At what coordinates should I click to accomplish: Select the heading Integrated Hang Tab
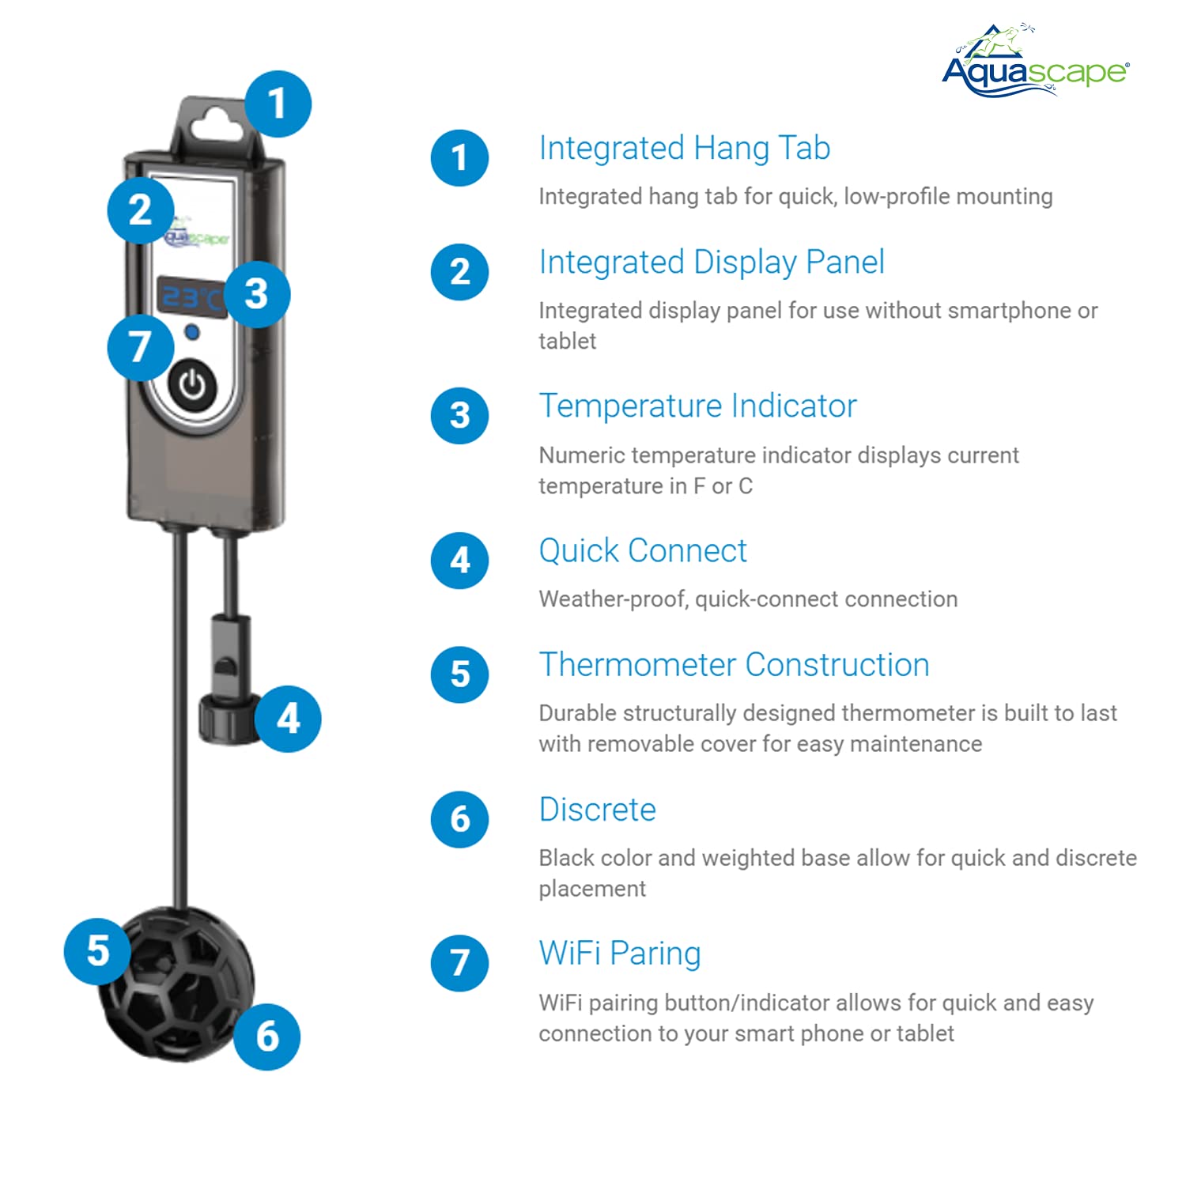pyautogui.click(x=684, y=149)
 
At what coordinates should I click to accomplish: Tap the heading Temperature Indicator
pyautogui.click(x=697, y=406)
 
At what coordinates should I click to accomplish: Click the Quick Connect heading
pyautogui.click(x=642, y=551)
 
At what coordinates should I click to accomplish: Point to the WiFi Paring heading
pyautogui.click(x=620, y=954)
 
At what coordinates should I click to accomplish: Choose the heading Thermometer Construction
pyautogui.click(x=734, y=665)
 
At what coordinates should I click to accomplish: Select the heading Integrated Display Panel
pyautogui.click(x=712, y=263)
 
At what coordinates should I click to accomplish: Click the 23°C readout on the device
pyautogui.click(x=190, y=298)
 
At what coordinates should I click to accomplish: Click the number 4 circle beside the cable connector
pyautogui.click(x=288, y=719)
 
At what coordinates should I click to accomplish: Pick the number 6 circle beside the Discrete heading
pyautogui.click(x=459, y=819)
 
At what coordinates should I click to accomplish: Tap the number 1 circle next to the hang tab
pyautogui.click(x=277, y=104)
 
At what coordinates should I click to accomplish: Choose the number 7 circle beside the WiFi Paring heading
pyautogui.click(x=459, y=963)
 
